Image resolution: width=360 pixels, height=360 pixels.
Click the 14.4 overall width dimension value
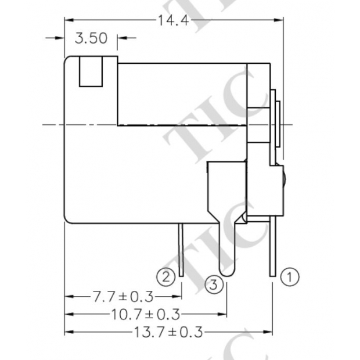(x=174, y=21)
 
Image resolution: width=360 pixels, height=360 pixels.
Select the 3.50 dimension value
(x=91, y=39)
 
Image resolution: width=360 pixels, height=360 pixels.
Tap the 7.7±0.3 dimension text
(x=123, y=297)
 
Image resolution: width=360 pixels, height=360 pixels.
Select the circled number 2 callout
(x=167, y=276)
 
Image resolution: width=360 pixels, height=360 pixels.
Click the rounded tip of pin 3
(x=226, y=271)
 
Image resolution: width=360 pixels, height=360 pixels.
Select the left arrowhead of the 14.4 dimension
(x=68, y=20)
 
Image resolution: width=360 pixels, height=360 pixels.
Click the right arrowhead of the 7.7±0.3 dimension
(x=178, y=297)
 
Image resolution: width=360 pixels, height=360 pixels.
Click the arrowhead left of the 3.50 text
(x=60, y=39)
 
